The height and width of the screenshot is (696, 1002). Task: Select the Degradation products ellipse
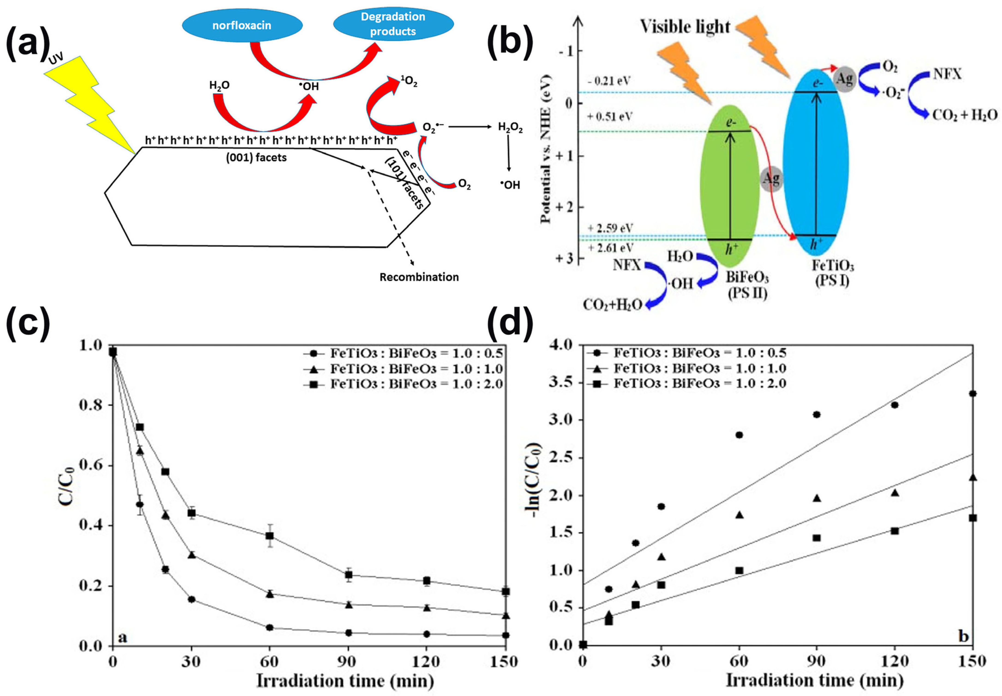point(393,24)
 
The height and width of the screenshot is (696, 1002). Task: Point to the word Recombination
point(419,277)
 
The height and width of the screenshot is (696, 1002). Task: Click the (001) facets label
point(256,158)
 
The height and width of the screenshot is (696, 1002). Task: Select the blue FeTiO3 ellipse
point(816,161)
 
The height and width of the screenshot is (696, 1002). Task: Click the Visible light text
point(685,27)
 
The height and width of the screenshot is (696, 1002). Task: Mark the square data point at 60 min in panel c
point(270,535)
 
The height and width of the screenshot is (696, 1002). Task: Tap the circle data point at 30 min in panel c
point(191,599)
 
